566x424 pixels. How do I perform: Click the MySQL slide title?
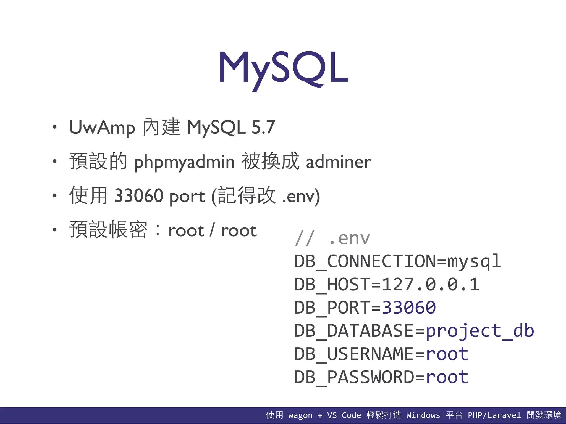(284, 68)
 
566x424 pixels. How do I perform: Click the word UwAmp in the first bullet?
(102, 128)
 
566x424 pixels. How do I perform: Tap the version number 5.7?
(263, 128)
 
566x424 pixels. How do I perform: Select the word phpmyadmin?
(184, 162)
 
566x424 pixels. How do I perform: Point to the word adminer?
(339, 162)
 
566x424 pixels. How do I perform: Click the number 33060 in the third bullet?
(138, 196)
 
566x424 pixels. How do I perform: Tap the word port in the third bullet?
(187, 197)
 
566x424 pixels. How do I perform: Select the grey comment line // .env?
(332, 238)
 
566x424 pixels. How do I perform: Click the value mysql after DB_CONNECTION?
(474, 261)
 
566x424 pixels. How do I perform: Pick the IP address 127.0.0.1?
(430, 285)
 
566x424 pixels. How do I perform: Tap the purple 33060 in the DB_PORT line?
(409, 308)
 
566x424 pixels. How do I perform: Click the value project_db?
(480, 331)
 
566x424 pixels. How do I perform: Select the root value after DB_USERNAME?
(447, 354)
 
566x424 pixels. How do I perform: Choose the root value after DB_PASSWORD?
(447, 377)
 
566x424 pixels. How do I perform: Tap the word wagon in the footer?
(300, 415)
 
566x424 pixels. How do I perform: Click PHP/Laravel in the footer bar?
(494, 415)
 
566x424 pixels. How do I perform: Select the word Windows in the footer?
(423, 415)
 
